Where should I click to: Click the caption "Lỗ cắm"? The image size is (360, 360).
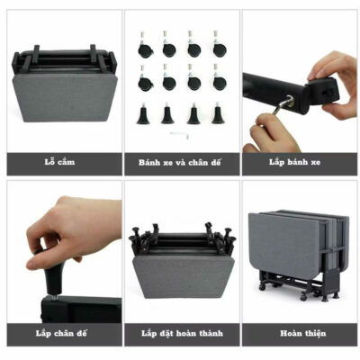coord(59,162)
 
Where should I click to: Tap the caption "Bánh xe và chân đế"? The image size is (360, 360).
coord(180,163)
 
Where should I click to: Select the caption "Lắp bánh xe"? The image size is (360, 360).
coord(294,162)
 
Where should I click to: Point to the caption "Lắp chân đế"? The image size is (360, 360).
coord(61,333)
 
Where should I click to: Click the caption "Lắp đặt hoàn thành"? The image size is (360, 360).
coord(182,333)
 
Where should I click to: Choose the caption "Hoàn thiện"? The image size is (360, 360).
coord(303,333)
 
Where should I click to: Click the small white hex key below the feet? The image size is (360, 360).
coord(179,135)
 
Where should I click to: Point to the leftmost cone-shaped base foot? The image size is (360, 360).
coord(143,113)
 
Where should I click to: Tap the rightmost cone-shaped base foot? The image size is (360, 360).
coord(218,113)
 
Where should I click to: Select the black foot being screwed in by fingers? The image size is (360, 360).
coord(54,277)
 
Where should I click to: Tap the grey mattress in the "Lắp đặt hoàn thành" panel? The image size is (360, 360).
coord(183,276)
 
